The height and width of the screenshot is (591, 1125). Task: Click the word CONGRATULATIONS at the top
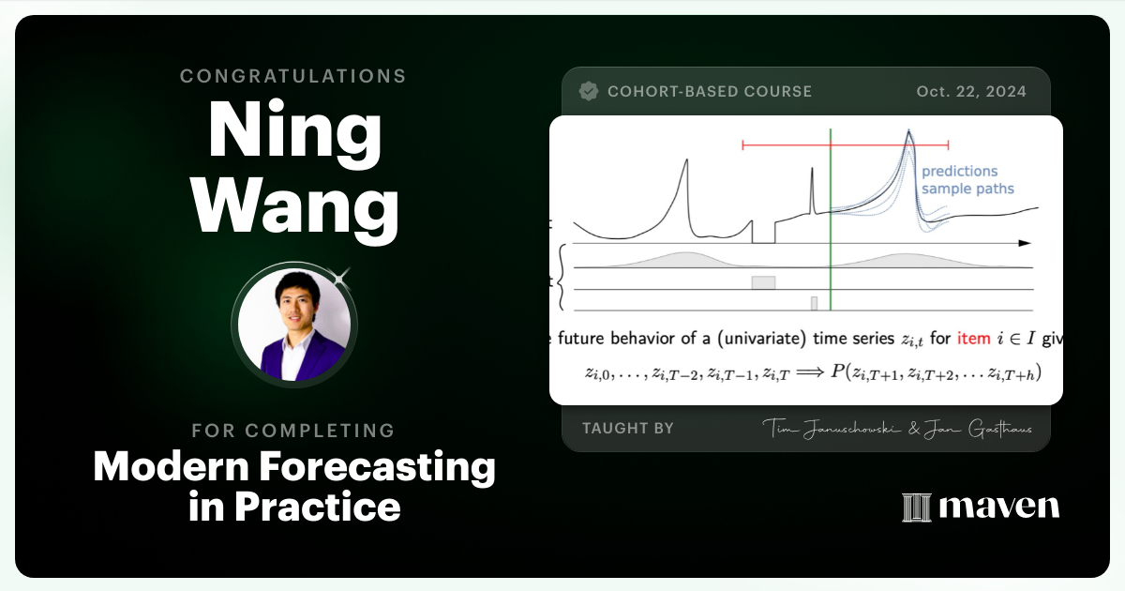pyautogui.click(x=293, y=76)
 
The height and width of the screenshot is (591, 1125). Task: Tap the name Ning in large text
pyautogui.click(x=293, y=129)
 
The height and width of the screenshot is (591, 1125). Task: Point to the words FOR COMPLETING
pyautogui.click(x=293, y=431)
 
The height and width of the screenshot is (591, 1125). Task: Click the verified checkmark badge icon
pyautogui.click(x=589, y=91)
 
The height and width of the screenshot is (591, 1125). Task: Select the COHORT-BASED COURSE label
pyautogui.click(x=710, y=92)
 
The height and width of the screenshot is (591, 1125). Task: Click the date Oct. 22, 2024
pyautogui.click(x=970, y=92)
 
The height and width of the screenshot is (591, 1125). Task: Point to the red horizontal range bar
pyautogui.click(x=845, y=145)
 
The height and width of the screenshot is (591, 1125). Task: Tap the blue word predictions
pyautogui.click(x=959, y=172)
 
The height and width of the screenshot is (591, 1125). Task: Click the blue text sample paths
pyautogui.click(x=967, y=189)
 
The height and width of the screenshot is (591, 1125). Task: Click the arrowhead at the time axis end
pyautogui.click(x=1025, y=243)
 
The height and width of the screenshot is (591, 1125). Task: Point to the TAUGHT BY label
pyautogui.click(x=628, y=429)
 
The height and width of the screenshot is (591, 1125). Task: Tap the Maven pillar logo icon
pyautogui.click(x=915, y=508)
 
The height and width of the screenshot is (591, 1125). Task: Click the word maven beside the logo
pyautogui.click(x=998, y=508)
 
